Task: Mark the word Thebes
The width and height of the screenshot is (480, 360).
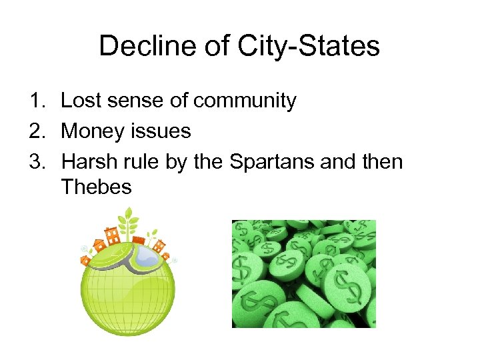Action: pyautogui.click(x=96, y=187)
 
